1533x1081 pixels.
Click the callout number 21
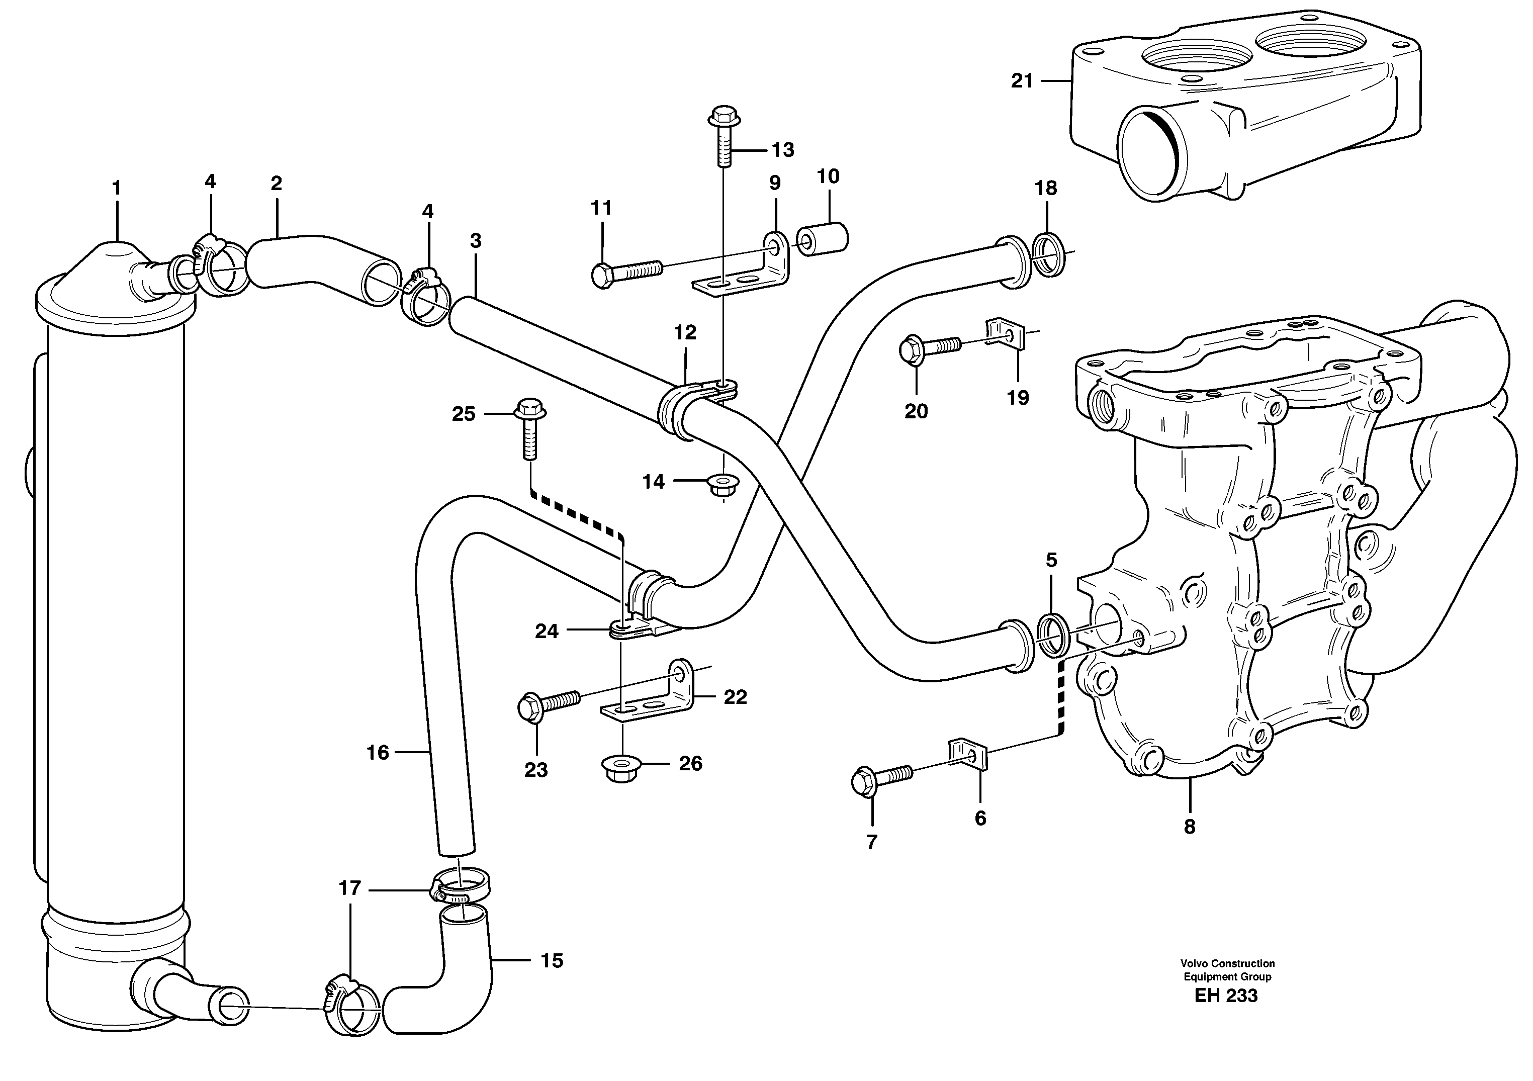point(1022,81)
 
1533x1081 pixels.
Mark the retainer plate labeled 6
point(966,754)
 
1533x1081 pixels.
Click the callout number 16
point(377,753)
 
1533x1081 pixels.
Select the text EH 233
point(1226,996)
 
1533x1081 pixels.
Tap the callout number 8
point(1189,827)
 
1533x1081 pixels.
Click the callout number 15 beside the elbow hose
point(552,961)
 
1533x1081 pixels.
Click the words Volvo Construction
point(1227,963)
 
